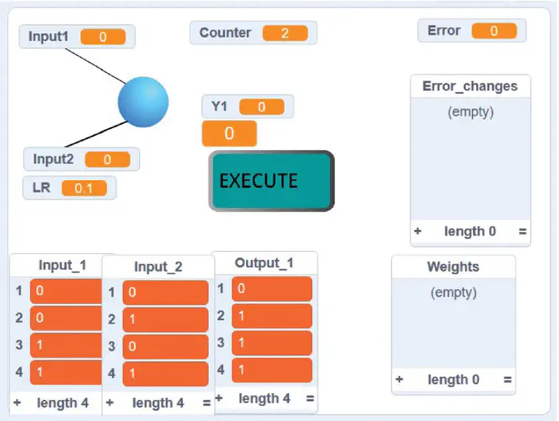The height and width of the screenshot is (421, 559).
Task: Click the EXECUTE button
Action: click(271, 181)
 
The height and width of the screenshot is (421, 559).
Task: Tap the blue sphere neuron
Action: click(144, 102)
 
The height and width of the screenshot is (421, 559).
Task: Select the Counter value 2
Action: click(285, 33)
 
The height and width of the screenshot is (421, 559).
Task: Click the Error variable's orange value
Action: click(494, 31)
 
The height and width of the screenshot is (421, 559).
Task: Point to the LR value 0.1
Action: click(84, 188)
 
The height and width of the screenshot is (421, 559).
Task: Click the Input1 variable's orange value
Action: click(103, 37)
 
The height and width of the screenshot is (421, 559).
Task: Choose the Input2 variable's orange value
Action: click(107, 159)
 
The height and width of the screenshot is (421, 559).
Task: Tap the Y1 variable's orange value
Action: click(262, 106)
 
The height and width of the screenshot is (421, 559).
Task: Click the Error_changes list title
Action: click(470, 86)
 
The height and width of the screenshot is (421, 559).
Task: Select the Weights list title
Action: click(453, 266)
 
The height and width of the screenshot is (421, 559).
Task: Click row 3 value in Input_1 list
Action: click(66, 346)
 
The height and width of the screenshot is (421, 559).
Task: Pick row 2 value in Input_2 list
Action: click(165, 319)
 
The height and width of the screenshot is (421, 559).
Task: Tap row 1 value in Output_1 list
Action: click(272, 289)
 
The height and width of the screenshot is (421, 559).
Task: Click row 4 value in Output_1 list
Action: click(272, 370)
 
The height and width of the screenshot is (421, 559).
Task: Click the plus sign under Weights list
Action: click(399, 379)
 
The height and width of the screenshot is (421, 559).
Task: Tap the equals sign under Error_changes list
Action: click(523, 231)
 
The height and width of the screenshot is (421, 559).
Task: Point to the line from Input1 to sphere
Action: click(95, 66)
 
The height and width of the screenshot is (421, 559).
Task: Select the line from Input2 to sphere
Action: click(96, 134)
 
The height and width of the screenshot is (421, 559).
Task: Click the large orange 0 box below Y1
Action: click(229, 134)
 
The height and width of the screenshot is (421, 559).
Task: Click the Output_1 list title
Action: click(264, 263)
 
